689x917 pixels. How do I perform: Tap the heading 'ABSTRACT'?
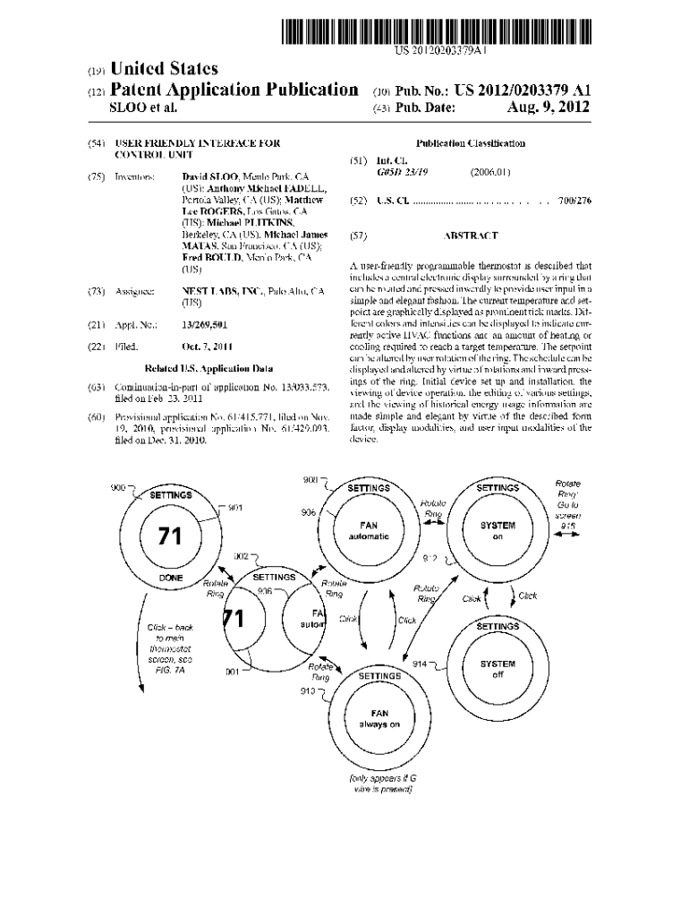pos(471,236)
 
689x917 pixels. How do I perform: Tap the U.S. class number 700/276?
pos(574,202)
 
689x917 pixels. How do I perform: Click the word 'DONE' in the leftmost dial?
pos(171,578)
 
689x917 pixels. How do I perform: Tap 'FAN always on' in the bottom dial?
pos(379,718)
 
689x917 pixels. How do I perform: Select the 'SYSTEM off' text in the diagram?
pos(498,669)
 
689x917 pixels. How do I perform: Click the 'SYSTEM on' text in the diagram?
pos(498,531)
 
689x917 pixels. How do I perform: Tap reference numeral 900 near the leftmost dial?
pos(117,486)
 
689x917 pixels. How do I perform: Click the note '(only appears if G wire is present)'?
pos(380,784)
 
